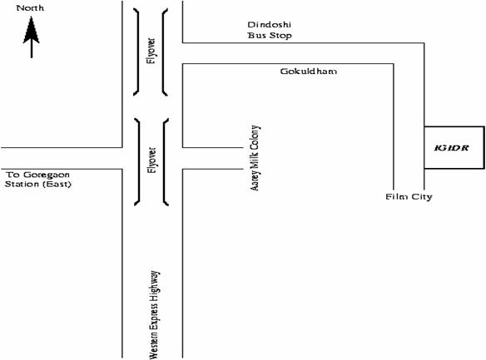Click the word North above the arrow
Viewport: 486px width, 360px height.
pos(30,8)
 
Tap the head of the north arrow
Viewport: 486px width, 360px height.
pos(32,30)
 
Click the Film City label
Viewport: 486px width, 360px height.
pos(409,197)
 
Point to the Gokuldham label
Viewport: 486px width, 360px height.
pos(309,72)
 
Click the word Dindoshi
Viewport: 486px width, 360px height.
pos(270,24)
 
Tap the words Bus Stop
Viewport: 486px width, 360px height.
pos(270,35)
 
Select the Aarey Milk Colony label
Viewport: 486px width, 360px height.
pos(255,158)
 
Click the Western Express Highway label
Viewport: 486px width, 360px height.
pos(154,315)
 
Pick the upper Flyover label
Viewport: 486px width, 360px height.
pos(151,51)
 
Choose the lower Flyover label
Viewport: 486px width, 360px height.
pos(151,160)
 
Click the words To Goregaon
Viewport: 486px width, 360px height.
pos(37,175)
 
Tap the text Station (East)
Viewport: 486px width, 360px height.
pos(37,185)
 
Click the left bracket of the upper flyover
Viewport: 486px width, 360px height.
pos(138,52)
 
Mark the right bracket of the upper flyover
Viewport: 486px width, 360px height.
pos(163,52)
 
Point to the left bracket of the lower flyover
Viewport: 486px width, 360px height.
pos(139,161)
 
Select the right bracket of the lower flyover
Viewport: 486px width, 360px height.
pos(164,161)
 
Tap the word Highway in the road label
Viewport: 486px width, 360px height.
pos(155,283)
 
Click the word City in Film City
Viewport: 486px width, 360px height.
pos(422,197)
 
